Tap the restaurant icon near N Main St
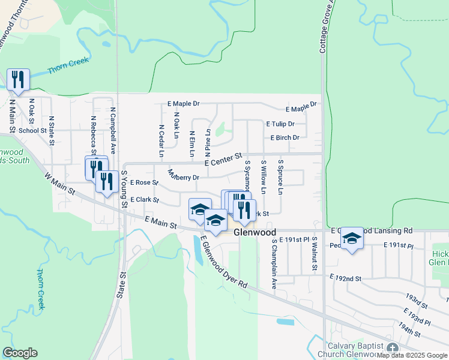click(18, 80)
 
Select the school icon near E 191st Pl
click(352, 238)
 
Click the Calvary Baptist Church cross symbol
click(393, 349)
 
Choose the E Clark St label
click(144, 200)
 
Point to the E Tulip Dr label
click(280, 124)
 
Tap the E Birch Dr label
click(285, 137)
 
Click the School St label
click(32, 130)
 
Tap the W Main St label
click(59, 184)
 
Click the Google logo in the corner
click(20, 353)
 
